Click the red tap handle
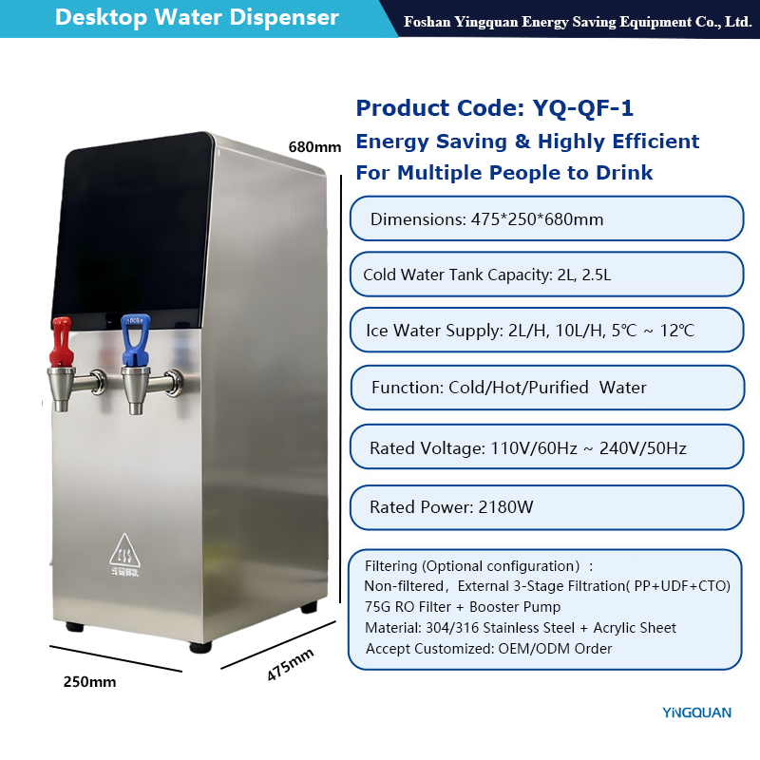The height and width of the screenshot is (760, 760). [x=61, y=342]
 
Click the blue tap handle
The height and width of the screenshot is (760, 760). [x=135, y=339]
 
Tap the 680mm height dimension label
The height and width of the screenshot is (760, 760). [x=314, y=147]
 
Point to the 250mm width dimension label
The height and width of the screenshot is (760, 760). [x=89, y=681]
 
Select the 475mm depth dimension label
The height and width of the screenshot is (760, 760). [x=290, y=663]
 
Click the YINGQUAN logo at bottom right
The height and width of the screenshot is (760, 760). [x=696, y=712]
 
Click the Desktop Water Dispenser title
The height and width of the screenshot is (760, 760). [x=197, y=18]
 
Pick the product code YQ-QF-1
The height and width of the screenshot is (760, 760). [x=582, y=107]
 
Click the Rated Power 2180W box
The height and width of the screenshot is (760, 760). [x=546, y=507]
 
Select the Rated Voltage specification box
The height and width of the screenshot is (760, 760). [x=546, y=446]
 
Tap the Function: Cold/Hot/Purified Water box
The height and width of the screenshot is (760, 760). [x=547, y=388]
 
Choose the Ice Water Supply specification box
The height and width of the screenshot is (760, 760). [x=546, y=330]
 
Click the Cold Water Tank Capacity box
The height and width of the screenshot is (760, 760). [x=546, y=275]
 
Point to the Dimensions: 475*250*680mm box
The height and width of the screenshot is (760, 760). [x=546, y=218]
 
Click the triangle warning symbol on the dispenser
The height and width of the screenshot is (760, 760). [x=125, y=551]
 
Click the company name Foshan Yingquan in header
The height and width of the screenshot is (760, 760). [x=577, y=22]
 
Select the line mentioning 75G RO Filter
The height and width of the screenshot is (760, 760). [x=463, y=607]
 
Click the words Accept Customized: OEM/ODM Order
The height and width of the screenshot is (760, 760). [x=488, y=649]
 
